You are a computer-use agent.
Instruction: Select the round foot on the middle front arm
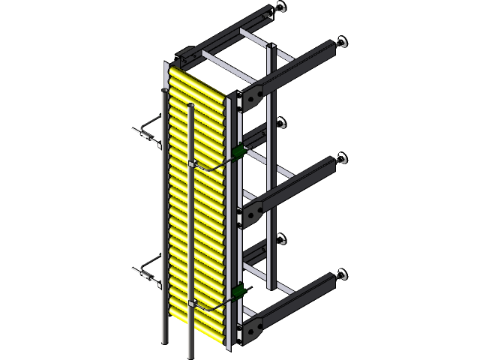(x=343, y=159)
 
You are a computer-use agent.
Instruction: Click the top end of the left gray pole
(x=163, y=91)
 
